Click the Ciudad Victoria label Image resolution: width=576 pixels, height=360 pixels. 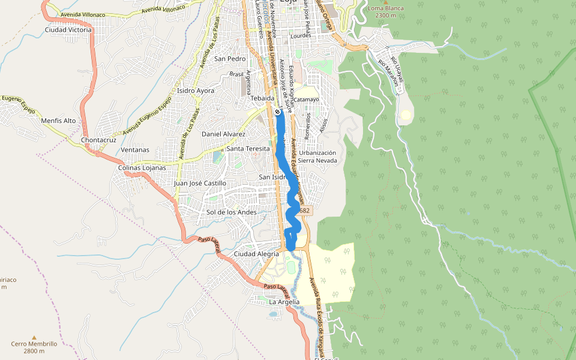68,29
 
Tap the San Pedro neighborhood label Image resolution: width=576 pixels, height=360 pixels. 230,59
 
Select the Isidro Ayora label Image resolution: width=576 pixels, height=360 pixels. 196,91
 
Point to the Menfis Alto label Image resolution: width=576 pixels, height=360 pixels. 58,121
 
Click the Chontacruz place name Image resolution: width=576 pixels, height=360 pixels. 98,140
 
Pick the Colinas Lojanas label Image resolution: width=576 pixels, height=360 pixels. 142,167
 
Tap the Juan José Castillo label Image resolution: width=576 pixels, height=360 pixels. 200,183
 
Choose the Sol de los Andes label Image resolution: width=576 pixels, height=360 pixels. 231,212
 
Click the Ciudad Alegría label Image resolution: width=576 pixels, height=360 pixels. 256,254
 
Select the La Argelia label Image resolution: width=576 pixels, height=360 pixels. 284,302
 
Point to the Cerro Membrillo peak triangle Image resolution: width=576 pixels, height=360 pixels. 34,337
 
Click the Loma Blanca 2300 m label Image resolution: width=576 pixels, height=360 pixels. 386,12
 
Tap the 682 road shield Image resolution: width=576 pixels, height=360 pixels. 304,211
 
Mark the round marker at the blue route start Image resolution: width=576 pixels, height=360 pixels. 277,112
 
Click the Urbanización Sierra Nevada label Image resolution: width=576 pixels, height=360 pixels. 317,157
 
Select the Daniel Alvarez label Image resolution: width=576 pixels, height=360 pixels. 223,134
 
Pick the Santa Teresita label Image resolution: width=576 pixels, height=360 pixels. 248,148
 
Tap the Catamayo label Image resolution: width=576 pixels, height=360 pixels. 306,99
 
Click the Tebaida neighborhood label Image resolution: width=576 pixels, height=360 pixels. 263,98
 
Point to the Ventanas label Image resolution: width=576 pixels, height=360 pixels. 135,149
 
